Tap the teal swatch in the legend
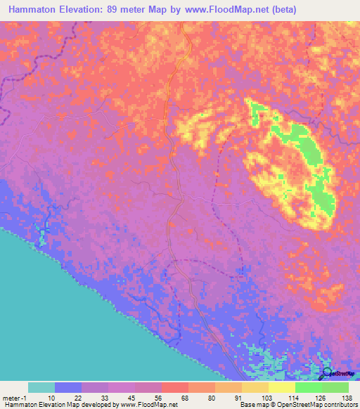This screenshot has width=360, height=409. pos(41,387)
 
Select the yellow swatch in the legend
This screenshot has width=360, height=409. pos(282,387)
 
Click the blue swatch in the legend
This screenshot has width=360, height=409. pos(68,387)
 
